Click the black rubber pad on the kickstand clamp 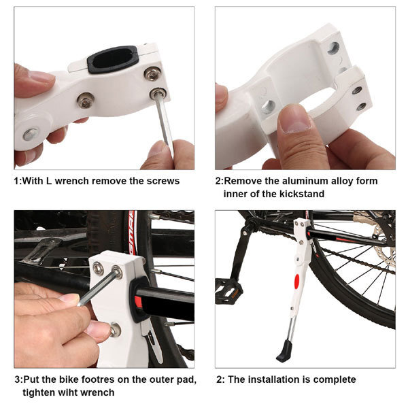112,60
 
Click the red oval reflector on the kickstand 296,282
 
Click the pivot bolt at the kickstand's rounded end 31,134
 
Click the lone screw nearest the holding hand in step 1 86,101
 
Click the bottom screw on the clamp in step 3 116,329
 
